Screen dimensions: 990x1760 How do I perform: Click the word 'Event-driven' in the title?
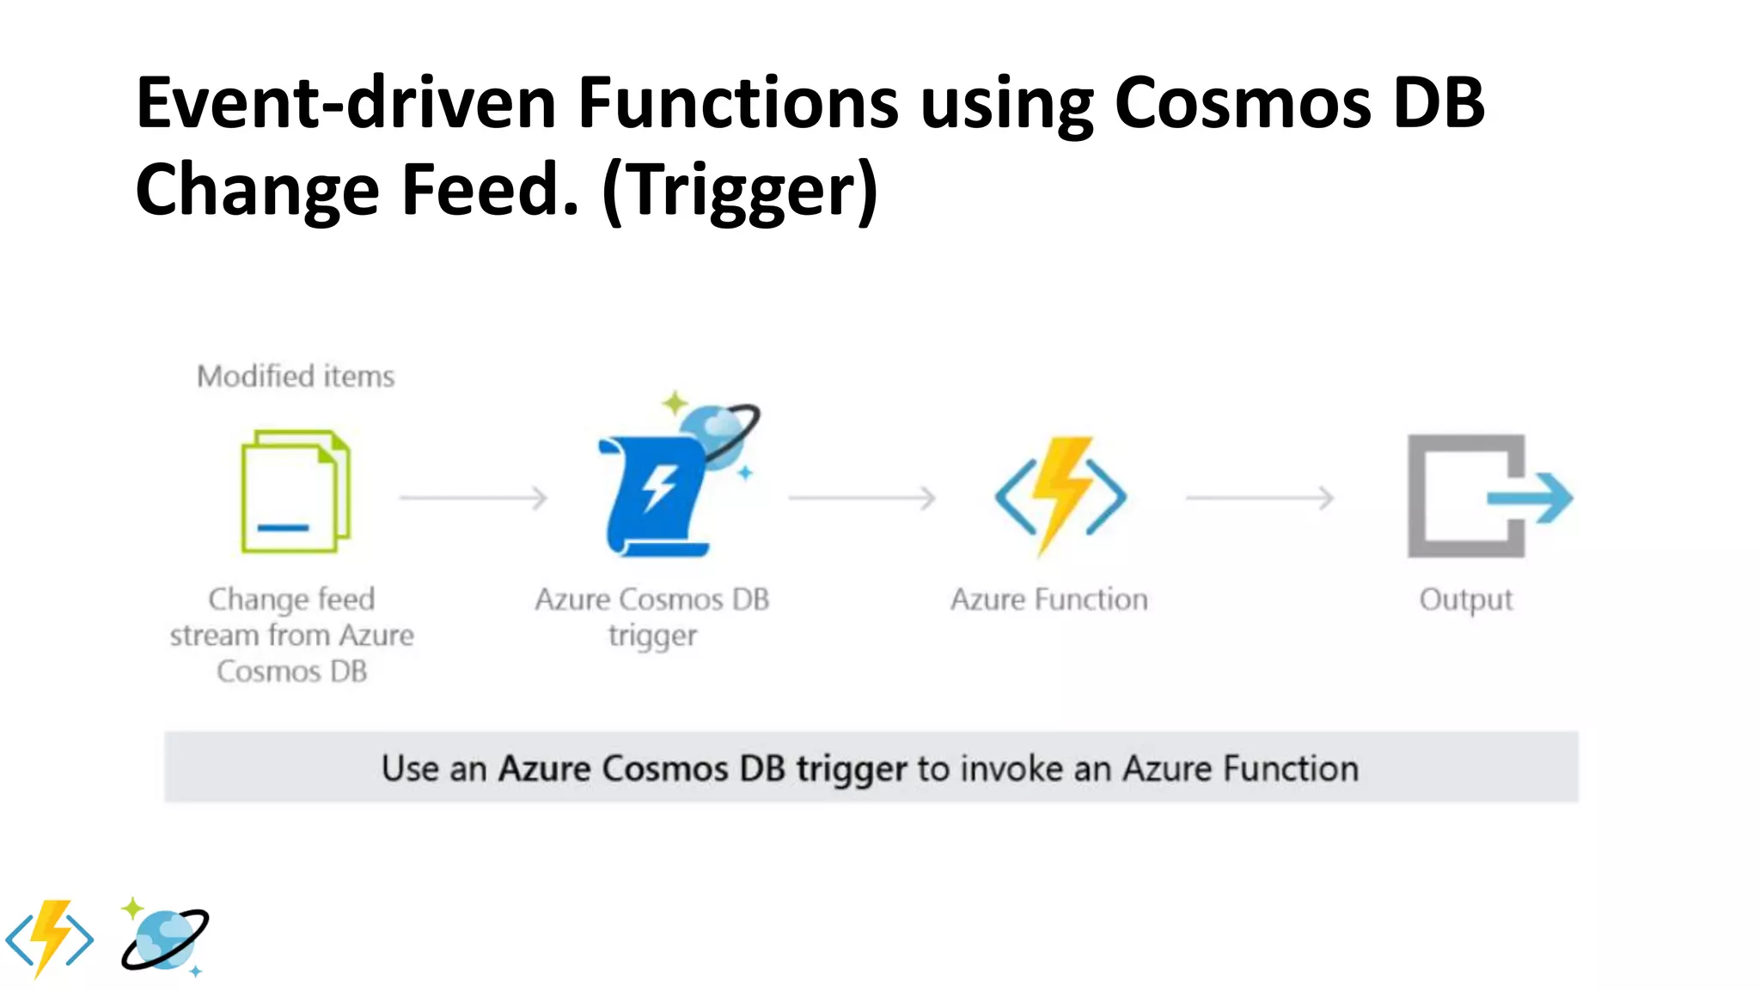[x=345, y=103]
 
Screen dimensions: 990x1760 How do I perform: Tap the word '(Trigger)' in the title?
[x=740, y=191]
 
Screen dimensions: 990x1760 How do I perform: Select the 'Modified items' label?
[x=296, y=376]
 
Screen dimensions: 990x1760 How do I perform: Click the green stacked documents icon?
[x=295, y=492]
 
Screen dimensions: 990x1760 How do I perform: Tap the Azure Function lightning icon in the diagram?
[x=1060, y=495]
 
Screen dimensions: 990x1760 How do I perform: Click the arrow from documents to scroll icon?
[x=473, y=498]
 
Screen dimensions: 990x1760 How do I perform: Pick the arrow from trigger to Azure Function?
[x=862, y=498]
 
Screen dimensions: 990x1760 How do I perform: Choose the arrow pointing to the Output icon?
[x=1260, y=498]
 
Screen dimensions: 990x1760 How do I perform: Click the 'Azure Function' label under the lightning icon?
[x=1048, y=599]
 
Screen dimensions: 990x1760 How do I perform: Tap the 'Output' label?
[x=1465, y=599]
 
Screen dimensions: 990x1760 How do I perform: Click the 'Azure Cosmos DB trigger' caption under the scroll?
[x=652, y=617]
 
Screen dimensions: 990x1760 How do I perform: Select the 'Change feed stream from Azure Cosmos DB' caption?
[x=292, y=635]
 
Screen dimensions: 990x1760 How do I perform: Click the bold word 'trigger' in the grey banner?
[x=851, y=769]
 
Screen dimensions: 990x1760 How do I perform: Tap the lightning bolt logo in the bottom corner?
[x=50, y=938]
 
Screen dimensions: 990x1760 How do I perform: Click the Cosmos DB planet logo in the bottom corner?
[x=165, y=938]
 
